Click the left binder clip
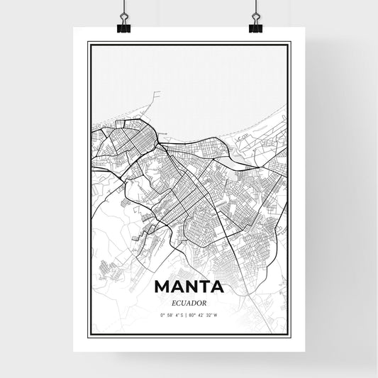(123, 26)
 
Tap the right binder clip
(255, 26)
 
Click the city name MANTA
(189, 288)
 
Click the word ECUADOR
(189, 301)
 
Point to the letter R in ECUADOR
(207, 301)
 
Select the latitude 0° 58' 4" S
(172, 314)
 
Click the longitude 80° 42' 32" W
(204, 314)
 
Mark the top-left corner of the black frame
(89, 43)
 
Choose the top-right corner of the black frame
(289, 43)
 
